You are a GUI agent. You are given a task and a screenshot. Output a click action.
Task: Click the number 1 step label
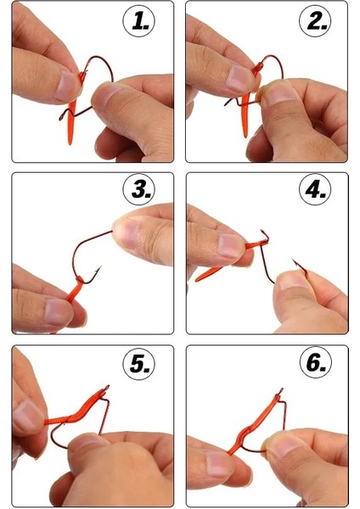pyautogui.click(x=138, y=22)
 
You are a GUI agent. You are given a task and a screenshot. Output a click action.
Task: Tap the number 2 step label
pyautogui.click(x=315, y=22)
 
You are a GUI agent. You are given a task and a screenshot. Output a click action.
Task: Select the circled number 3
pyautogui.click(x=138, y=189)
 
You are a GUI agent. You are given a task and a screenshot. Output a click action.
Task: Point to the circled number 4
pyautogui.click(x=315, y=189)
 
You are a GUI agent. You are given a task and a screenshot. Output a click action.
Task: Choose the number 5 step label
pyautogui.click(x=138, y=363)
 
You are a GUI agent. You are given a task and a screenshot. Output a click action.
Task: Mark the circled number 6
pyautogui.click(x=315, y=363)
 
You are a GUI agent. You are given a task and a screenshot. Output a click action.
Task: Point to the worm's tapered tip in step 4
pyautogui.click(x=196, y=281)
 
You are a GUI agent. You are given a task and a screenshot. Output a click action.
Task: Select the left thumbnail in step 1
pyautogui.click(x=65, y=86)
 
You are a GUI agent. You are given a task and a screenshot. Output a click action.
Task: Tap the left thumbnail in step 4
pyautogui.click(x=231, y=246)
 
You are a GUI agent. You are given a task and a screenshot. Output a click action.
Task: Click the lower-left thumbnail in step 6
pyautogui.click(x=218, y=465)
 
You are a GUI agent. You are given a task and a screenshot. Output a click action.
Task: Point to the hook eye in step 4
pyautogui.click(x=265, y=235)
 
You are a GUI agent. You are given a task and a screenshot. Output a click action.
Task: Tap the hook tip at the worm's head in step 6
pyautogui.click(x=281, y=389)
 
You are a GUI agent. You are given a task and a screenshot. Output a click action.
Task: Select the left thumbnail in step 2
pyautogui.click(x=239, y=79)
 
